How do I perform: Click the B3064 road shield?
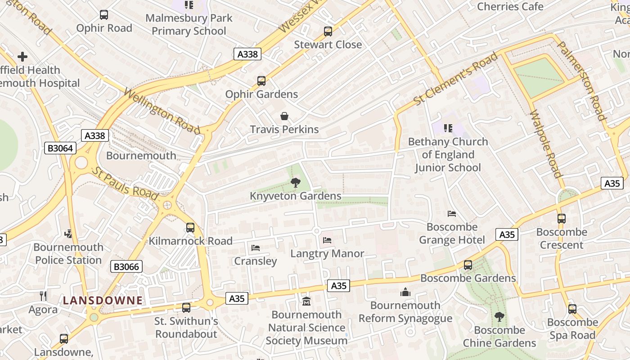point(60,148)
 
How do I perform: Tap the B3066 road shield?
point(126,266)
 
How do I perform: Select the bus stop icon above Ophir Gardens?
point(261,81)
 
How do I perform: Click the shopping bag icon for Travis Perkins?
point(284,117)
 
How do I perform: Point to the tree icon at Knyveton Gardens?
point(295,183)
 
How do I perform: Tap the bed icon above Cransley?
point(256,248)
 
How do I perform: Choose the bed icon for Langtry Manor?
point(327,240)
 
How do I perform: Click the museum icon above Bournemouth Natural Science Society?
point(306,301)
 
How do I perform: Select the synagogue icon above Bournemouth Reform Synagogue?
point(405,292)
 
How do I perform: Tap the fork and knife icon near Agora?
point(43,296)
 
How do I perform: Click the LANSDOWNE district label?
point(103,301)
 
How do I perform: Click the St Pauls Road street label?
point(126,184)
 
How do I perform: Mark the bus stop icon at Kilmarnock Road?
point(190,228)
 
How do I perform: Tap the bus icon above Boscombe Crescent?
point(562,219)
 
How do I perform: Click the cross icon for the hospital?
point(22,57)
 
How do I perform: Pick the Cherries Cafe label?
point(510,6)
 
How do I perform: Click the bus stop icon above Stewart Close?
point(328,31)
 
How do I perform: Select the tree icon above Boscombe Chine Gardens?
point(499,317)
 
